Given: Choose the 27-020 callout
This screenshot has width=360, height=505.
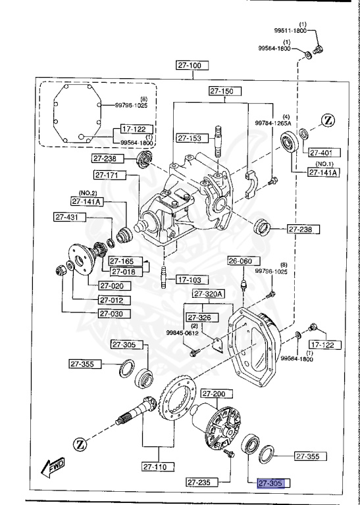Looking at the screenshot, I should pyautogui.click(x=115, y=286).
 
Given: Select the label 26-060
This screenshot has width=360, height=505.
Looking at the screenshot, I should pyautogui.click(x=240, y=261).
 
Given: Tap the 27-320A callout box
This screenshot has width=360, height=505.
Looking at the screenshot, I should pyautogui.click(x=209, y=294).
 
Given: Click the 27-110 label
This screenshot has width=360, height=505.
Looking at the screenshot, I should pyautogui.click(x=158, y=468).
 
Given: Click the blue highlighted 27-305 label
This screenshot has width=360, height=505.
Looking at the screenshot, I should pyautogui.click(x=273, y=483).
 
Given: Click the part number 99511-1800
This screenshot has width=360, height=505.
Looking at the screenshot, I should pyautogui.click(x=291, y=30).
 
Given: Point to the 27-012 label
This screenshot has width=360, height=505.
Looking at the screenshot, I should pyautogui.click(x=115, y=300).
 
